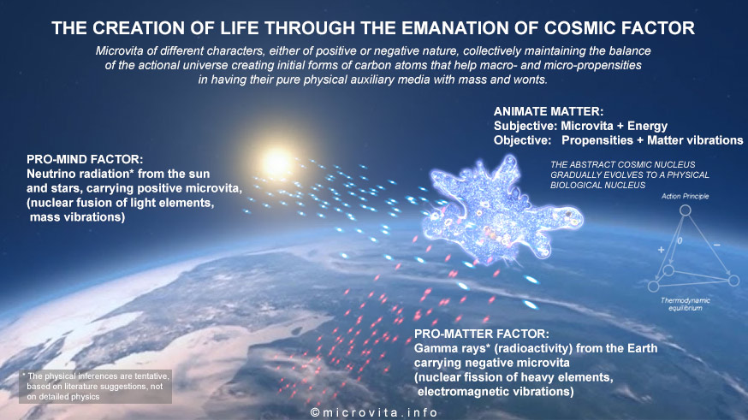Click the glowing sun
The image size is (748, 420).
pyautogui.click(x=277, y=162)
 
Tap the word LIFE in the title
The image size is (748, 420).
pyautogui.click(x=238, y=28)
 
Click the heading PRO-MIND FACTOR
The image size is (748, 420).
pyautogui.click(x=85, y=159)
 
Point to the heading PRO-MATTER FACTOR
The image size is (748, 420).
pyautogui.click(x=481, y=334)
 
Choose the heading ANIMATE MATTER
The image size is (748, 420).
pyautogui.click(x=549, y=111)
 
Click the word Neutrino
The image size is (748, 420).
pyautogui.click(x=50, y=174)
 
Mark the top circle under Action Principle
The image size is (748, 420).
pyautogui.click(x=685, y=210)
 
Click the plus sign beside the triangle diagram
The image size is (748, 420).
pyautogui.click(x=662, y=249)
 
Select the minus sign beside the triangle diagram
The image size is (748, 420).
pyautogui.click(x=717, y=245)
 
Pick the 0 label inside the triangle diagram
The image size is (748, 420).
pyautogui.click(x=680, y=240)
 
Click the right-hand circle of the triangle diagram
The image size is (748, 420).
pyautogui.click(x=733, y=281)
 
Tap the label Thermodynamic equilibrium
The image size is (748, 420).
pyautogui.click(x=685, y=305)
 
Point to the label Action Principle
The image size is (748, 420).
pyautogui.click(x=685, y=196)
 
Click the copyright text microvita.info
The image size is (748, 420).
pyautogui.click(x=374, y=413)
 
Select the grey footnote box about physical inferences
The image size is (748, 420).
pyautogui.click(x=95, y=387)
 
